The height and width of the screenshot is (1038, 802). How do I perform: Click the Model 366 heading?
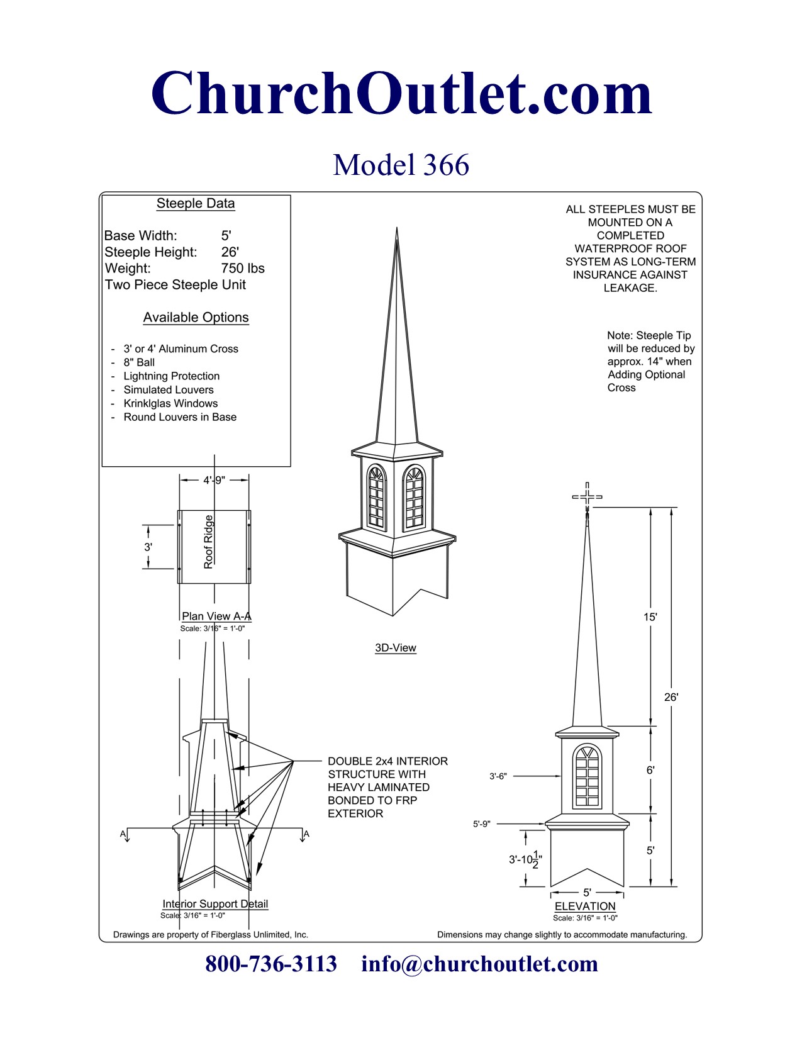[401, 165]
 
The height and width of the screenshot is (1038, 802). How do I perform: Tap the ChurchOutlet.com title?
[401, 93]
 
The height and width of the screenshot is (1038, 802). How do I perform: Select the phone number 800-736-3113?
[271, 964]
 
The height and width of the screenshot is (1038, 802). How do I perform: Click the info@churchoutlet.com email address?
[479, 964]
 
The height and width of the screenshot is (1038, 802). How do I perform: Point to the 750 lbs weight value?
[243, 269]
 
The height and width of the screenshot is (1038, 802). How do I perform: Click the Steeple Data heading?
[196, 204]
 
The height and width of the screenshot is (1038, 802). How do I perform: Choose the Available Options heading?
[196, 318]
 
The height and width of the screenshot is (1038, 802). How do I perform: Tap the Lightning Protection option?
[171, 376]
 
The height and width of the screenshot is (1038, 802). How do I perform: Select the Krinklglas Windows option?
[170, 404]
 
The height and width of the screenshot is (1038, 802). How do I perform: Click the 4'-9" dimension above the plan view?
[214, 481]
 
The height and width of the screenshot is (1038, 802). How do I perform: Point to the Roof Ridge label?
[209, 542]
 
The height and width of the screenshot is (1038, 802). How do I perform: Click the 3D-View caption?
[396, 648]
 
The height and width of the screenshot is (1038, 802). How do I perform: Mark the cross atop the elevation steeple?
[587, 496]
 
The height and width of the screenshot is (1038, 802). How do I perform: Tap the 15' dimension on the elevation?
[650, 617]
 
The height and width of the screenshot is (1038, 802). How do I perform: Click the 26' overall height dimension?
[671, 697]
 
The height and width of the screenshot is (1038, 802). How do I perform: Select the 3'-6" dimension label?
[498, 776]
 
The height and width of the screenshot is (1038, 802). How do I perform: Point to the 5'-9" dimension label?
[482, 824]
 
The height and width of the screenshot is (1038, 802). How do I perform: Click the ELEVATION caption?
[585, 907]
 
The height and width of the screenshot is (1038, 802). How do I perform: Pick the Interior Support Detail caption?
[215, 904]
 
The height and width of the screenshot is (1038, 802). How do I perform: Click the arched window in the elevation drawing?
[588, 777]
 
